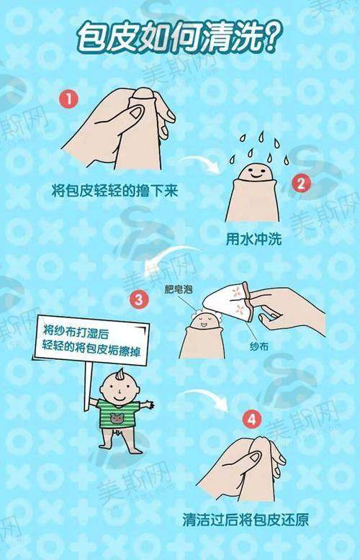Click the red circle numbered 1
click(x=68, y=98)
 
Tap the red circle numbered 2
click(x=302, y=184)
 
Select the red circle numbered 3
click(x=139, y=300)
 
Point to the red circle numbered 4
click(x=252, y=419)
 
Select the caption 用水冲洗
click(x=253, y=239)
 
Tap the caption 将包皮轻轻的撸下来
click(x=114, y=190)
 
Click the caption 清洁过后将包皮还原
click(x=246, y=520)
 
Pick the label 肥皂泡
click(x=179, y=289)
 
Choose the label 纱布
click(x=259, y=346)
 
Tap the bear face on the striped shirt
click(x=117, y=417)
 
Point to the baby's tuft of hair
click(x=120, y=374)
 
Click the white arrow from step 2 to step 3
click(x=164, y=258)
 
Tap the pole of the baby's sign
click(x=88, y=387)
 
